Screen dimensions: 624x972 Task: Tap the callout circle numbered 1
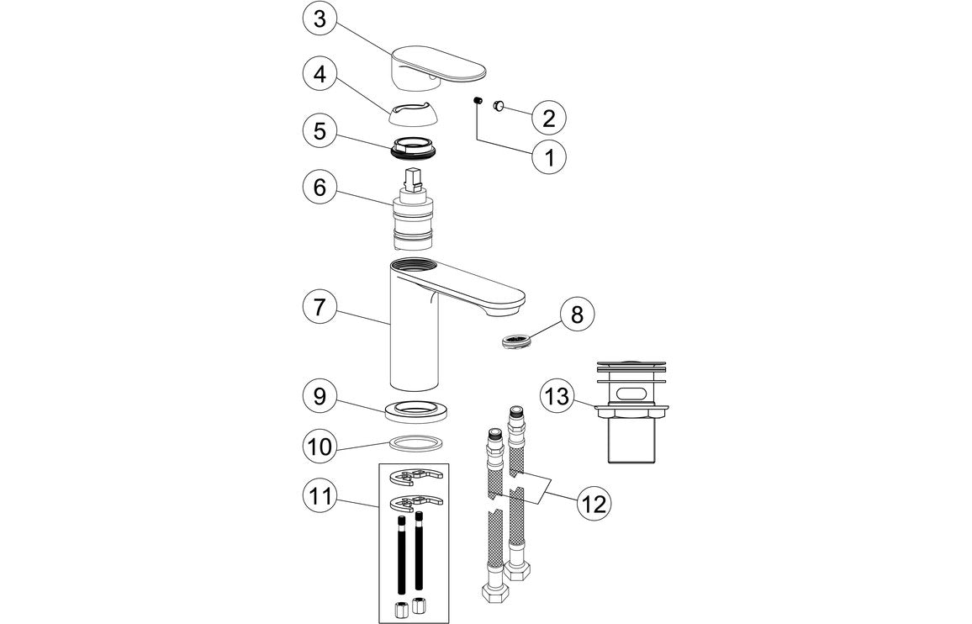548,156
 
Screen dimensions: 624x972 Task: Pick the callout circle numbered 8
576,315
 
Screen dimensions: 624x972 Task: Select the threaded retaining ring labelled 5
415,147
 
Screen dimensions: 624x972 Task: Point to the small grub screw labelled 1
476,102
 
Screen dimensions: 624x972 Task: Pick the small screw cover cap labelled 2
498,106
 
